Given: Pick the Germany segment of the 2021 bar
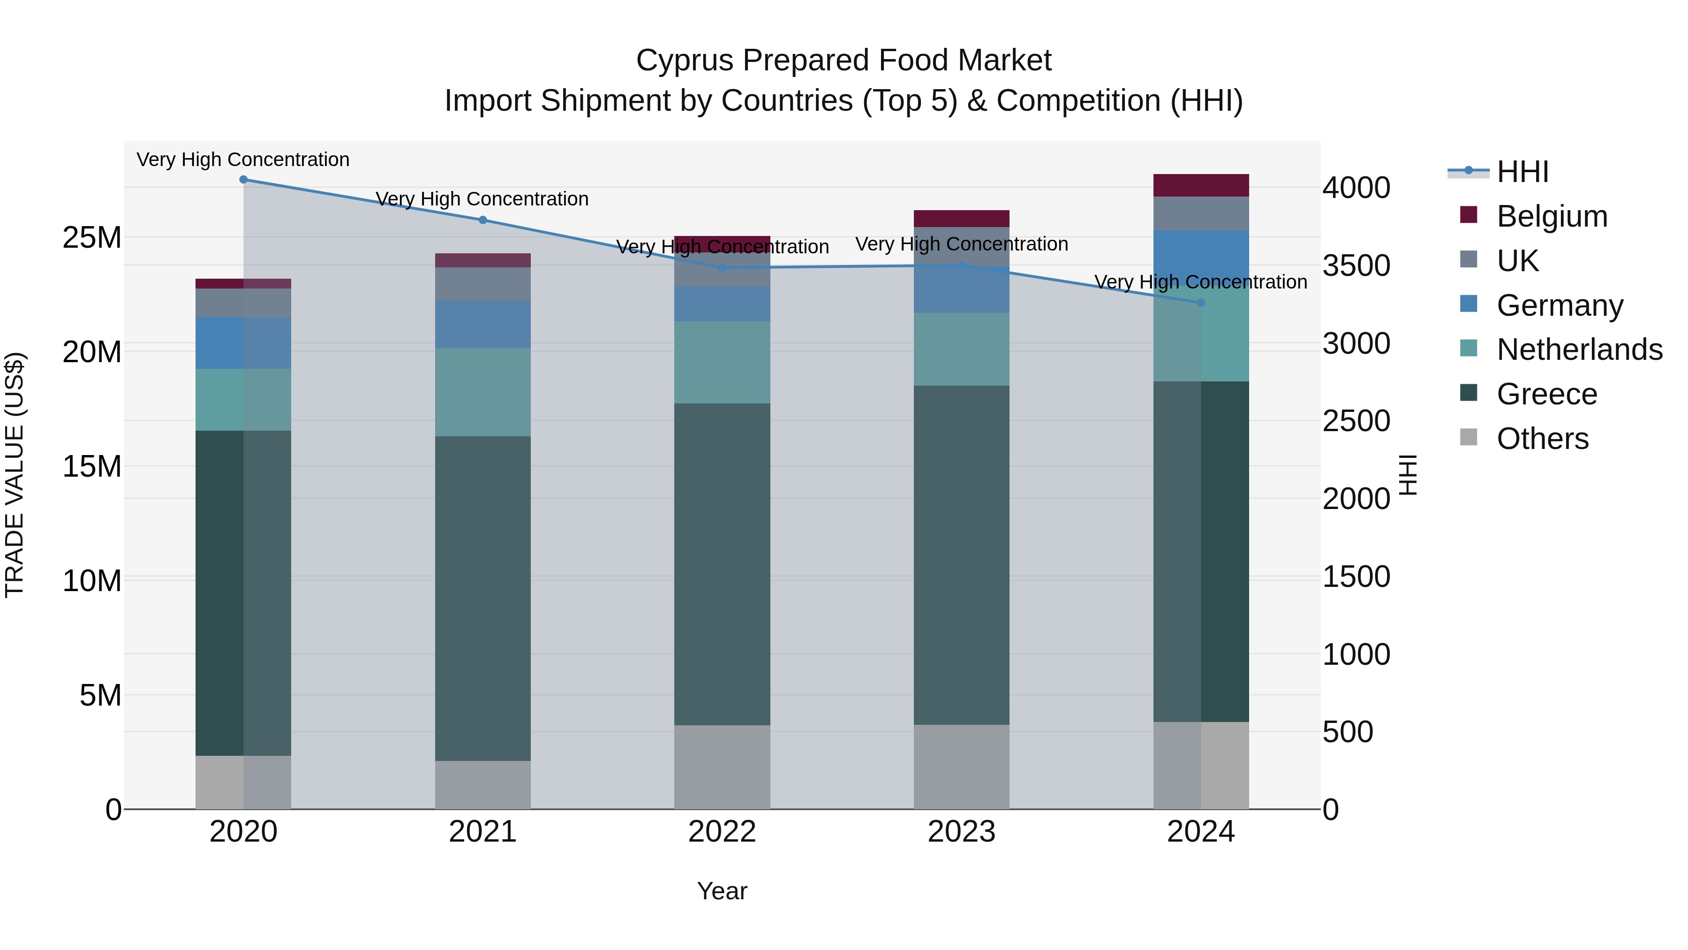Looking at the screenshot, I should pyautogui.click(x=482, y=325).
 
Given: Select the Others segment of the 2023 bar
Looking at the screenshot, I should pyautogui.click(x=961, y=767).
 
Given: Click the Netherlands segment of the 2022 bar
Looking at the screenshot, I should pyautogui.click(x=722, y=363).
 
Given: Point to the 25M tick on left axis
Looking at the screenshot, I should pyautogui.click(x=92, y=237).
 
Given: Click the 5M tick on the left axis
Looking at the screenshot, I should pyautogui.click(x=100, y=695).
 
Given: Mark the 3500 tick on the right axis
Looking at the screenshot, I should pyautogui.click(x=1356, y=266).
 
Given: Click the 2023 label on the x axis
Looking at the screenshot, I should pyautogui.click(x=961, y=832).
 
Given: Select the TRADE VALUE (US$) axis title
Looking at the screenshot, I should pyautogui.click(x=15, y=475).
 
